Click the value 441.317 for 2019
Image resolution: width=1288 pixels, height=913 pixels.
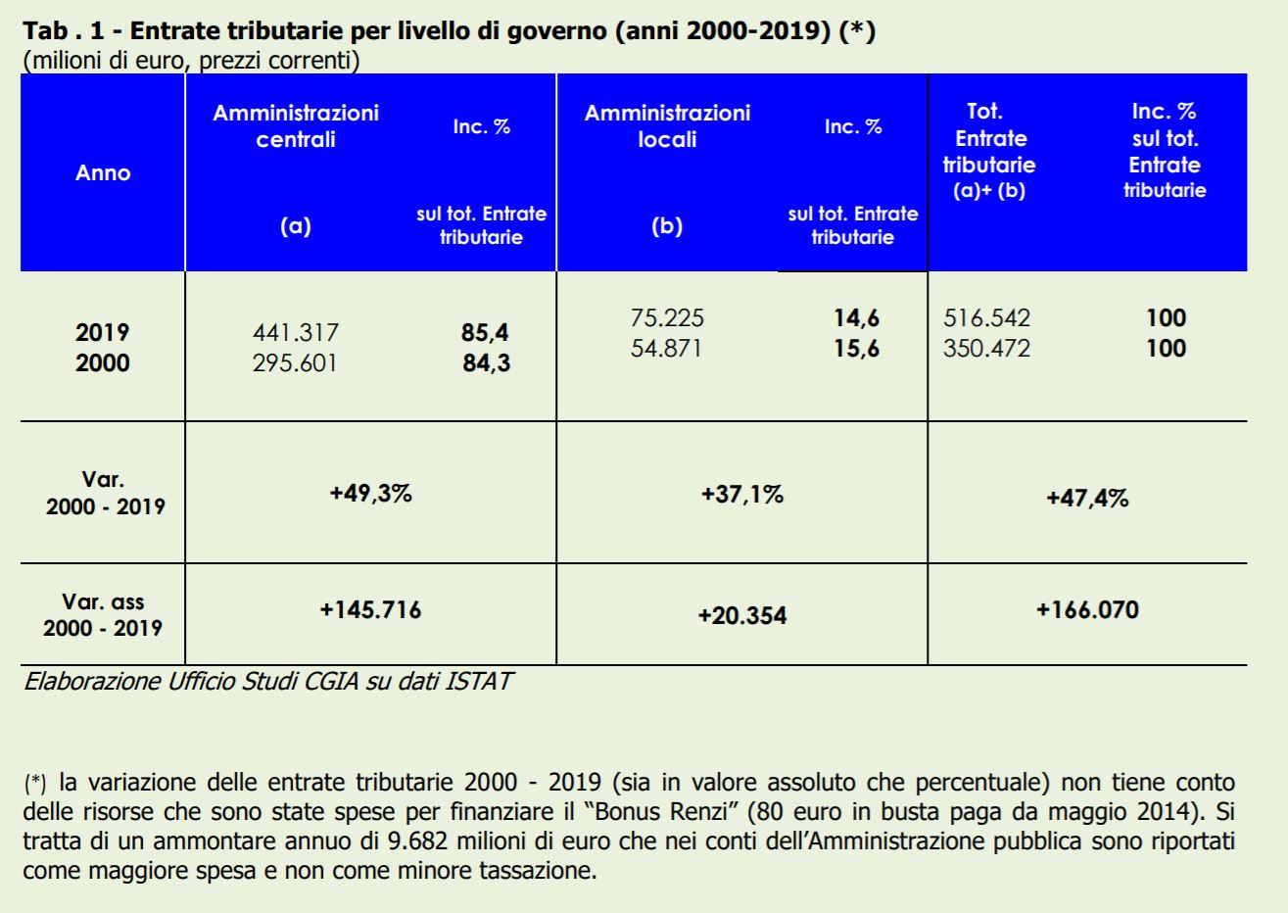(x=295, y=333)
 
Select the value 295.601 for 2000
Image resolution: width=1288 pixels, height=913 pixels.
(x=295, y=363)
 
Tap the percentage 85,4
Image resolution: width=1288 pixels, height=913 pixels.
(x=485, y=333)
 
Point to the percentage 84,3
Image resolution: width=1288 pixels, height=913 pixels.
(x=486, y=363)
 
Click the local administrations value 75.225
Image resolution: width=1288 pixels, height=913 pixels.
(x=667, y=318)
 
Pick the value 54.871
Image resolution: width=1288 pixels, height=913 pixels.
(x=666, y=349)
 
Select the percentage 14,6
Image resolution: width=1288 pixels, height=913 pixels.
(x=856, y=318)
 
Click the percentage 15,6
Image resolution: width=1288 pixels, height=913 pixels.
(x=856, y=349)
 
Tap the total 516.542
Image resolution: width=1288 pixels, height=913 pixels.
(x=986, y=318)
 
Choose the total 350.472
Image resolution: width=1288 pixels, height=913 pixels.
(x=986, y=349)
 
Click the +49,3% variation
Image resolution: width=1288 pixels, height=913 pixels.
(x=370, y=493)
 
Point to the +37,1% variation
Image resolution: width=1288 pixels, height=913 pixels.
(x=741, y=494)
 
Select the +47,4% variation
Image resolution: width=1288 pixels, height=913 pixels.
(x=1087, y=498)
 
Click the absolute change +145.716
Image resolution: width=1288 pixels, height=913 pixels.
(x=370, y=610)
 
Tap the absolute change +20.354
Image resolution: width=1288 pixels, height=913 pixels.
(x=741, y=615)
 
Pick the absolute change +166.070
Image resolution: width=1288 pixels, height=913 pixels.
(x=1087, y=610)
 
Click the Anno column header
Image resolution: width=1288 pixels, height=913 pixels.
(x=103, y=173)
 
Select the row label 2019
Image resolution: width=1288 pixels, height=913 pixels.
(x=103, y=333)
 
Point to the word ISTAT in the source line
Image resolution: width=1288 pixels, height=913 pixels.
(x=478, y=681)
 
